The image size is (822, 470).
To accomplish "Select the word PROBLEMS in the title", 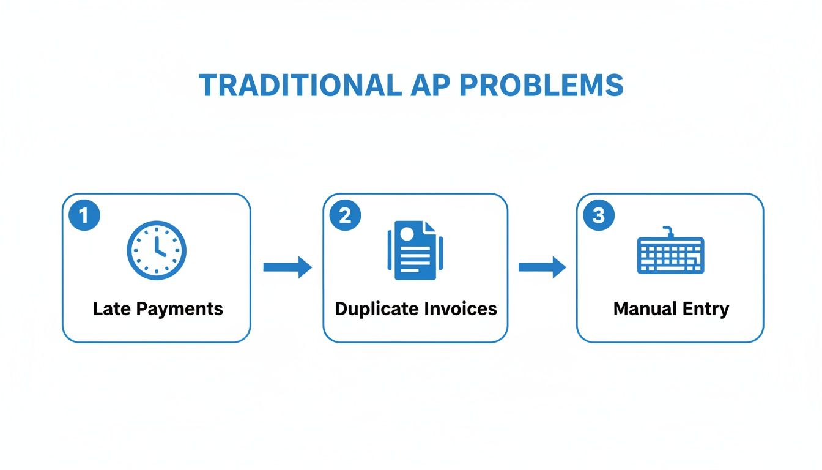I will (x=541, y=86).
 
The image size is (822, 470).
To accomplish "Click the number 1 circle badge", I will (x=84, y=215).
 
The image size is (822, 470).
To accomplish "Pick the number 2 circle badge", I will (x=345, y=215).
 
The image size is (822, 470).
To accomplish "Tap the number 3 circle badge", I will (x=598, y=215).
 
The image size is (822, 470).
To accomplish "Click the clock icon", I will (x=156, y=250).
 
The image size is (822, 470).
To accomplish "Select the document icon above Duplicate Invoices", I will (x=415, y=251).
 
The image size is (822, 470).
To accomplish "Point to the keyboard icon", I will (x=670, y=255).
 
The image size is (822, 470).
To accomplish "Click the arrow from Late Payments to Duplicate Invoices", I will (x=287, y=267).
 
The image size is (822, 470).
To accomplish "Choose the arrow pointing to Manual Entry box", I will (x=542, y=267).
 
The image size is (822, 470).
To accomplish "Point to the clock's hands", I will (x=158, y=247).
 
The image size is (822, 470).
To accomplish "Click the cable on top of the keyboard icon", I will (x=669, y=231).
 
